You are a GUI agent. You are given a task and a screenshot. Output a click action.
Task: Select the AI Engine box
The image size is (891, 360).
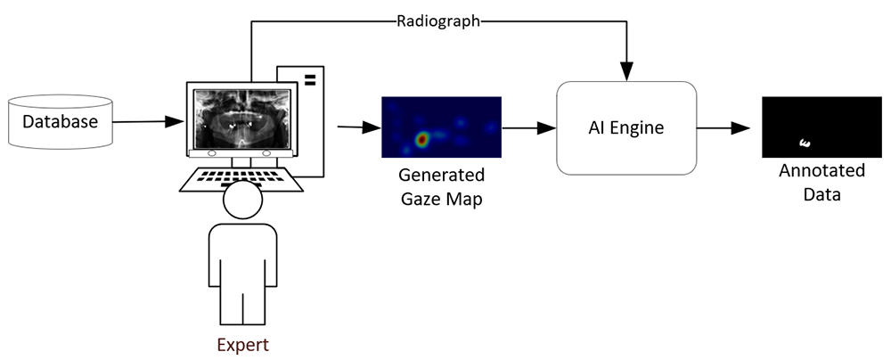[x=625, y=127]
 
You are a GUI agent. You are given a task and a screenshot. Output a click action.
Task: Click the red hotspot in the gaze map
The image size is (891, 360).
[x=423, y=139]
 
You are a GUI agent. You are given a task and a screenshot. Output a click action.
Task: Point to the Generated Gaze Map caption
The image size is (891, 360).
[x=442, y=186]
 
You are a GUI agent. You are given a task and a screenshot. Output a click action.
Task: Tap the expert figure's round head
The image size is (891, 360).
[x=242, y=201]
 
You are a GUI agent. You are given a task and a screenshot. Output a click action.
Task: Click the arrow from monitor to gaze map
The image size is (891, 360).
[x=356, y=128]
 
